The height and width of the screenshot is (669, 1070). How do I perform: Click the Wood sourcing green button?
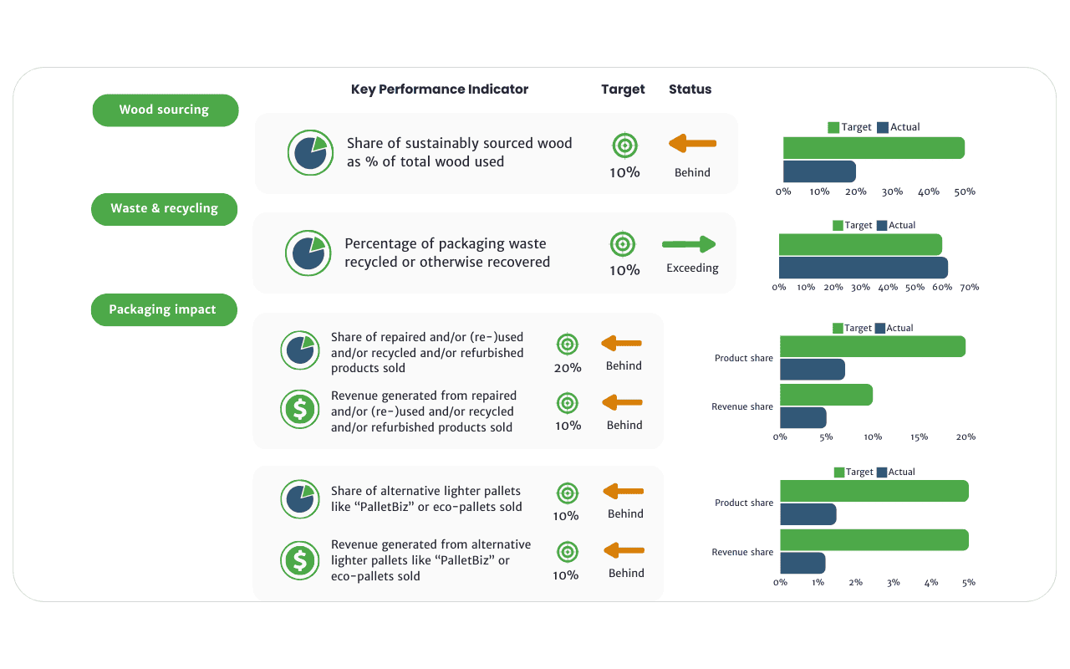click(165, 110)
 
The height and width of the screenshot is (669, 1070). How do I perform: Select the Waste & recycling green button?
click(164, 208)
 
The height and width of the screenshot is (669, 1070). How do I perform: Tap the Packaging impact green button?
click(163, 309)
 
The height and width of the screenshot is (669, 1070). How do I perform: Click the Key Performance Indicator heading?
click(440, 89)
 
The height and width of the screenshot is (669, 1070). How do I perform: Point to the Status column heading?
click(690, 89)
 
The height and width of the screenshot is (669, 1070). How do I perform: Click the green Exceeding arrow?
click(690, 244)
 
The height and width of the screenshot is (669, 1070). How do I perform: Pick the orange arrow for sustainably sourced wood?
click(692, 144)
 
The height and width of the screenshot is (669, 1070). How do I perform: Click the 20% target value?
click(568, 367)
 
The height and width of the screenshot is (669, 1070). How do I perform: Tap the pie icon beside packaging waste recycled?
click(305, 253)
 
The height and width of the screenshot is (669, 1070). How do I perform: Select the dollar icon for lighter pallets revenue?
click(299, 559)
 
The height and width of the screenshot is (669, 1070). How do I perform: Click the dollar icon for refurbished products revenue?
click(299, 410)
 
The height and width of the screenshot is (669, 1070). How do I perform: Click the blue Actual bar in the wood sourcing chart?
click(819, 171)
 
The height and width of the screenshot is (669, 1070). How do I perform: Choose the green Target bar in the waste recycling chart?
click(860, 244)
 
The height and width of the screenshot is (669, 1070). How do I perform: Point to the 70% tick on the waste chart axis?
click(969, 287)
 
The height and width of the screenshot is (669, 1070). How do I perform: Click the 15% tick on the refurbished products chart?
click(919, 437)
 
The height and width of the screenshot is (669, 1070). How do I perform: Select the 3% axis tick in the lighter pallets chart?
click(894, 582)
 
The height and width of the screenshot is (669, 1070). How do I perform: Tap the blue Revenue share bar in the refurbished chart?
click(802, 418)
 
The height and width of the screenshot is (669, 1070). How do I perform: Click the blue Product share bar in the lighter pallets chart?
click(808, 514)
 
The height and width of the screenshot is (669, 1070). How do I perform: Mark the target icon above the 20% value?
click(568, 344)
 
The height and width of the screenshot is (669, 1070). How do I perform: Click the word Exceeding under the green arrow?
click(692, 268)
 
